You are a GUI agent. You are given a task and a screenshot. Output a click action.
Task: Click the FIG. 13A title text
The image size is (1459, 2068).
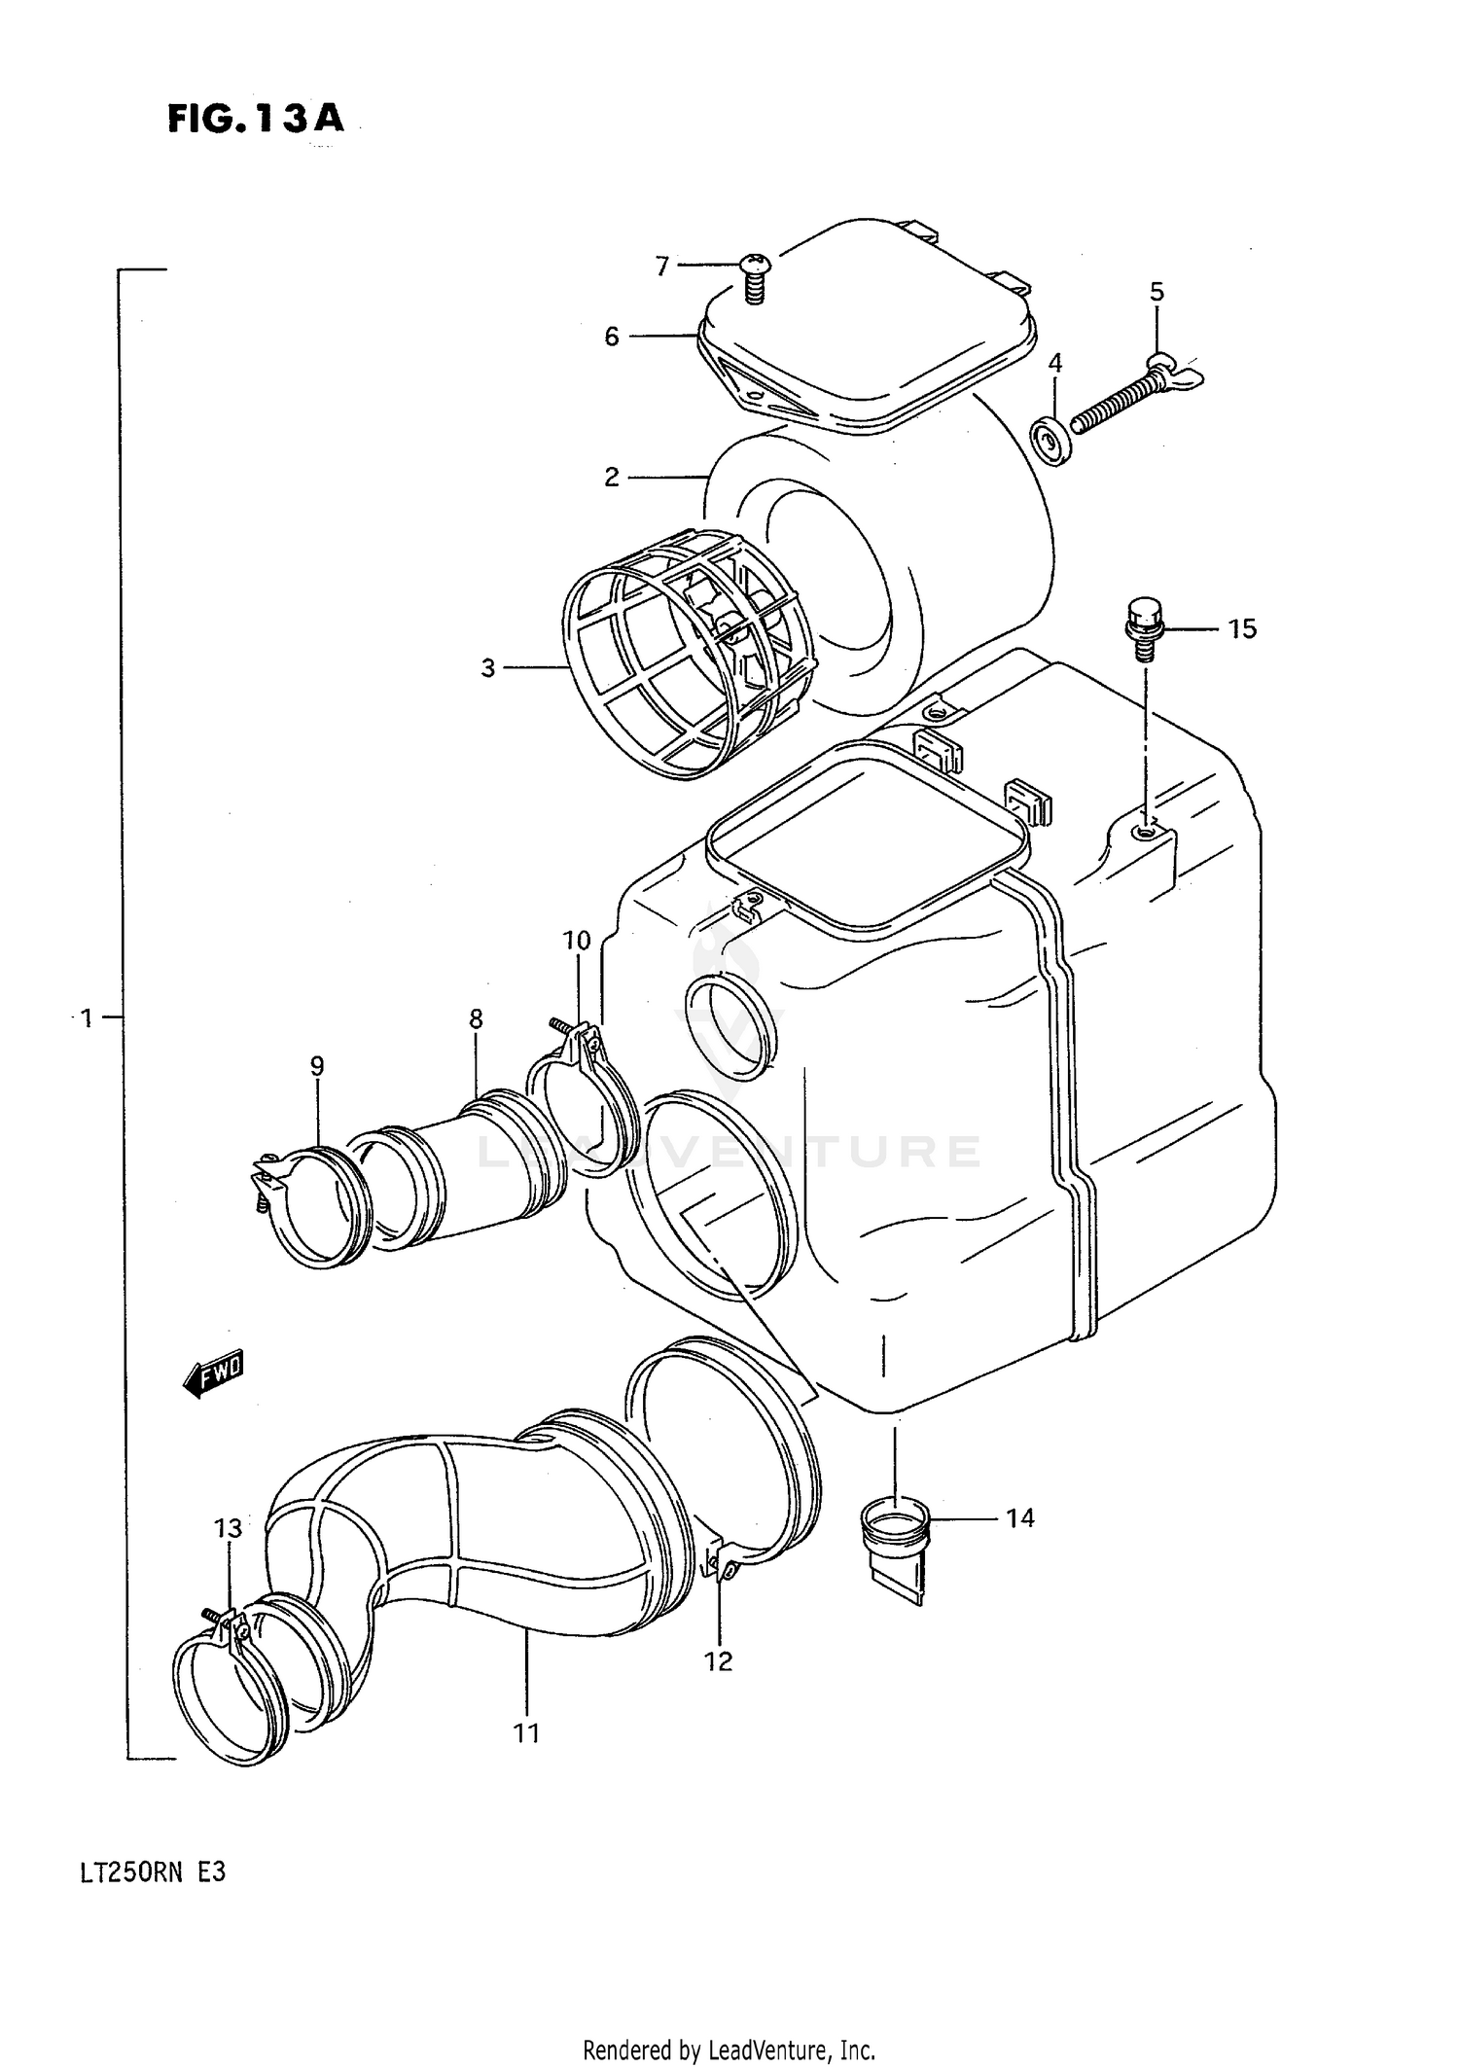255,119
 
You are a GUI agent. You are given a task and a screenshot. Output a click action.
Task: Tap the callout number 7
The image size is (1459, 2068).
662,266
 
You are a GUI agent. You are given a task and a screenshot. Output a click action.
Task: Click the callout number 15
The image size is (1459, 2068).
1242,629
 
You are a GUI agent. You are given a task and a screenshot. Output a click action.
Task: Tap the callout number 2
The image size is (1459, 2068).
611,477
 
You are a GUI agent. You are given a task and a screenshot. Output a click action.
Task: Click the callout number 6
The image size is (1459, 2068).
611,337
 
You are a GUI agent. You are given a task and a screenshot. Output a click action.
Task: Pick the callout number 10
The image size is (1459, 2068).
576,941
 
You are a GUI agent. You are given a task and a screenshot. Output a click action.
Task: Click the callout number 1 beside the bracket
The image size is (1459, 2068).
87,1018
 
